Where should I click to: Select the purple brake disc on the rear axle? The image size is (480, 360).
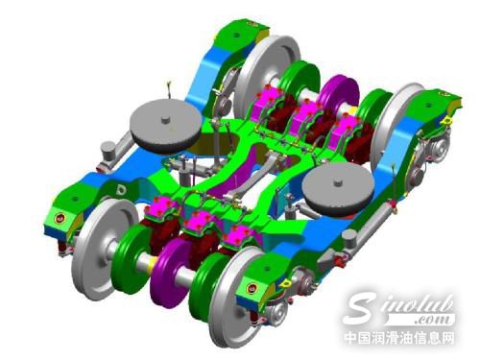pyautogui.click(x=339, y=93)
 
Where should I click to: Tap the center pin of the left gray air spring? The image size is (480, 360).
pyautogui.click(x=165, y=120)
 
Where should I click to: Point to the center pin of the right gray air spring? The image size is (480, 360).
pyautogui.click(x=338, y=182)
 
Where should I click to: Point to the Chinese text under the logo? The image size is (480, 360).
pyautogui.click(x=399, y=338)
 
